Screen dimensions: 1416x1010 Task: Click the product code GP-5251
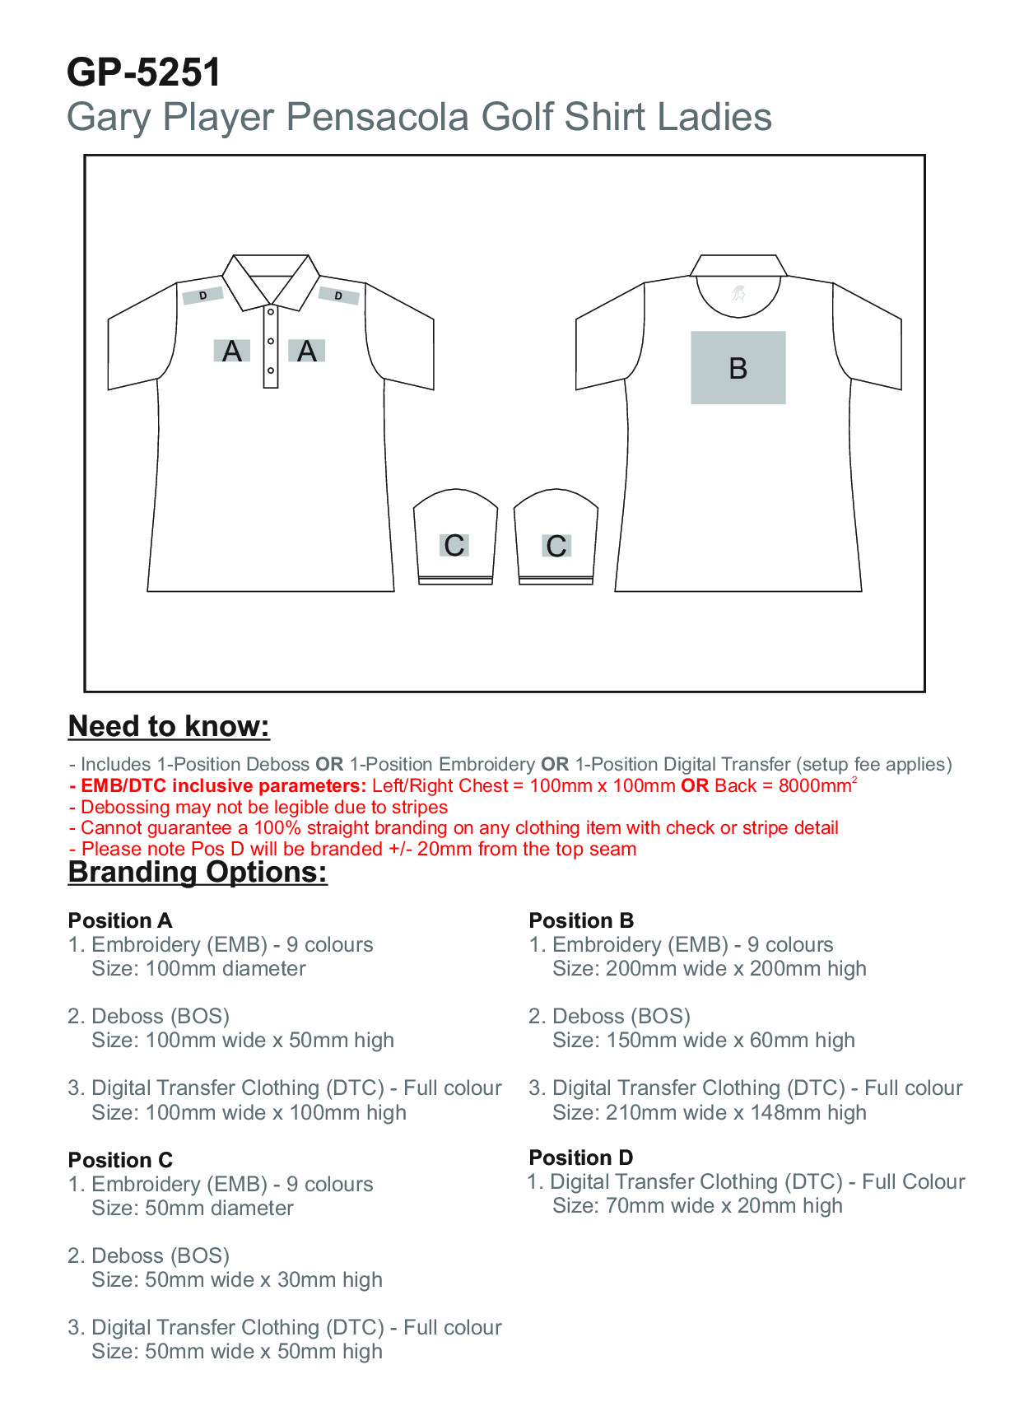point(144,72)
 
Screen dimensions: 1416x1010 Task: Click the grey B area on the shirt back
point(738,367)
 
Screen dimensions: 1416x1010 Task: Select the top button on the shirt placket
point(271,312)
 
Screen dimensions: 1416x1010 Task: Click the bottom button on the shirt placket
point(271,370)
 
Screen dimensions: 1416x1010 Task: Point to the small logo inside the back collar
point(738,292)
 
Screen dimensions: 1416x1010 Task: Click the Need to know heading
point(169,726)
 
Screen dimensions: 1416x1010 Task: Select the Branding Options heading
point(198,872)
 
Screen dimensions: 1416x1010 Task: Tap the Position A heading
point(120,920)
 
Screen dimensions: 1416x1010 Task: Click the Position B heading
point(581,920)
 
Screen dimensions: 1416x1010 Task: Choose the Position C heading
point(120,1160)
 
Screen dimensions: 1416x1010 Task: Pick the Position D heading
point(581,1157)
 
